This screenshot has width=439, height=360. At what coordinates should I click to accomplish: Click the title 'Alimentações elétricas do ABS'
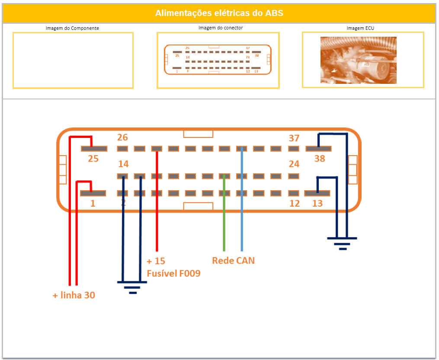pyautogui.click(x=219, y=13)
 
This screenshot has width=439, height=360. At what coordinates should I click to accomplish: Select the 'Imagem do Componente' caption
pyautogui.click(x=72, y=28)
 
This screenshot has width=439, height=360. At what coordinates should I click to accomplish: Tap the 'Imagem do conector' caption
pyautogui.click(x=221, y=28)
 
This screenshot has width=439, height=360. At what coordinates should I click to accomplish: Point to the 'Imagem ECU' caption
pyautogui.click(x=362, y=28)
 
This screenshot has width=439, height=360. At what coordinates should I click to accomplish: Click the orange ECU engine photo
pyautogui.click(x=358, y=60)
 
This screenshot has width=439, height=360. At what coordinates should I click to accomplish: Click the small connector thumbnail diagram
pyautogui.click(x=218, y=60)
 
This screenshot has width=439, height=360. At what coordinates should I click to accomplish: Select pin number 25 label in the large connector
pyautogui.click(x=93, y=159)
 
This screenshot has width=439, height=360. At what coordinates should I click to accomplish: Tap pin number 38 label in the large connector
pyautogui.click(x=319, y=159)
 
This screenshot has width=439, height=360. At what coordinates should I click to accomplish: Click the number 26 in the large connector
pyautogui.click(x=122, y=137)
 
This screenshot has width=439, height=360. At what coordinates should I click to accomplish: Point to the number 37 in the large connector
pyautogui.click(x=294, y=138)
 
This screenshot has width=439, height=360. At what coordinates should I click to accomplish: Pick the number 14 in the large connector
pyautogui.click(x=123, y=164)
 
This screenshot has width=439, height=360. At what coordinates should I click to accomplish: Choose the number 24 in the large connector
pyautogui.click(x=294, y=164)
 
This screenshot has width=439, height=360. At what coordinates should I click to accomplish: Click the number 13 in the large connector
pyautogui.click(x=317, y=203)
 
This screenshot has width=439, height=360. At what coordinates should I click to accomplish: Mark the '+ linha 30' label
pyautogui.click(x=74, y=296)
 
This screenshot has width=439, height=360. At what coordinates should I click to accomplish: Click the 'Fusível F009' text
pyautogui.click(x=173, y=273)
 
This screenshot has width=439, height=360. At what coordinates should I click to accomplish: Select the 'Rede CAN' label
pyautogui.click(x=233, y=261)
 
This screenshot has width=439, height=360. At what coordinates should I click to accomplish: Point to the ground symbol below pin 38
pyautogui.click(x=342, y=242)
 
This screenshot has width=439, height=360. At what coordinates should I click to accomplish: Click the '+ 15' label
pyautogui.click(x=156, y=261)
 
